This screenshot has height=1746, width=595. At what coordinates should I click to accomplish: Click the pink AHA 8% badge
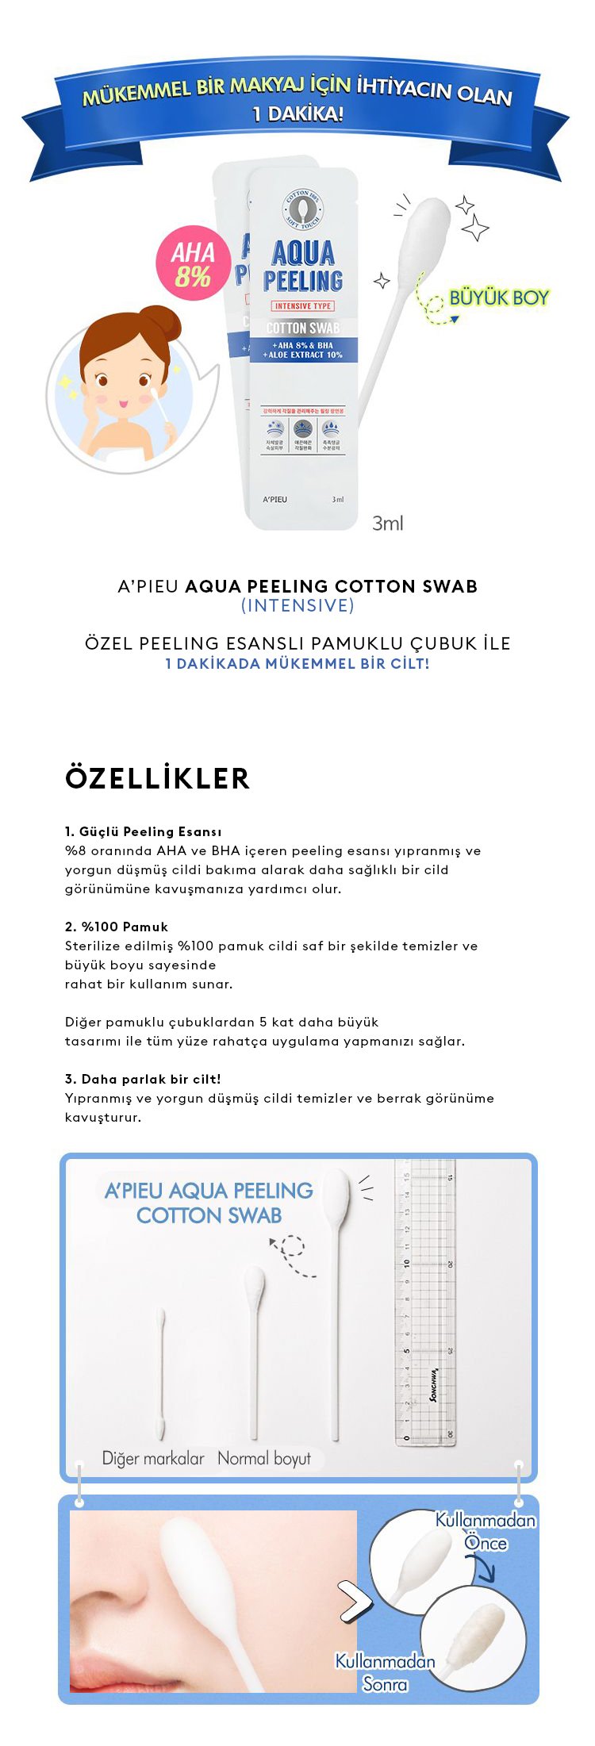(193, 265)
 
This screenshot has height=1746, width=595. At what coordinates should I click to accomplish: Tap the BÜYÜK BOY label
(499, 297)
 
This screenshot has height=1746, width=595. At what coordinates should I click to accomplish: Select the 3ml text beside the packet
(388, 524)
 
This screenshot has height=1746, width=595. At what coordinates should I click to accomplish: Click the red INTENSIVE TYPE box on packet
(303, 305)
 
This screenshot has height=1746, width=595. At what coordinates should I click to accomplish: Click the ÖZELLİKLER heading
(157, 778)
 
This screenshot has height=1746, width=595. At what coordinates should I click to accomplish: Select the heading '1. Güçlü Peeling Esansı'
(144, 831)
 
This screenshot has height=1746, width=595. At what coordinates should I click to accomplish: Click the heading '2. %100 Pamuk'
(117, 927)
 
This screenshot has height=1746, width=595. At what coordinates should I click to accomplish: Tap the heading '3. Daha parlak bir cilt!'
(143, 1079)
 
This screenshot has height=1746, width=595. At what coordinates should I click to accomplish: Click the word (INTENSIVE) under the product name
(297, 606)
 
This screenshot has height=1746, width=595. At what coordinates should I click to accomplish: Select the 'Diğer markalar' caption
(153, 1458)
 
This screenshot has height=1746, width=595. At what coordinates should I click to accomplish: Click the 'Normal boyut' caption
(264, 1458)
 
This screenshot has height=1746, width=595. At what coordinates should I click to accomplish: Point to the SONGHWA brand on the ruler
(432, 1384)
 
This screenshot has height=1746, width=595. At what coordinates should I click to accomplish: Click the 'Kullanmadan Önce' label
(486, 1531)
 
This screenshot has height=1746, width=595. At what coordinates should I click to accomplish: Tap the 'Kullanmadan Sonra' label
(386, 1672)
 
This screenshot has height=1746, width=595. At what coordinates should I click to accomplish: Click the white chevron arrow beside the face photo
(355, 1600)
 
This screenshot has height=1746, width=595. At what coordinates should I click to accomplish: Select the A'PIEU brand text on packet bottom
(274, 499)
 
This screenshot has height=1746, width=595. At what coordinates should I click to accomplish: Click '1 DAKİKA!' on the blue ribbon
(297, 114)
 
